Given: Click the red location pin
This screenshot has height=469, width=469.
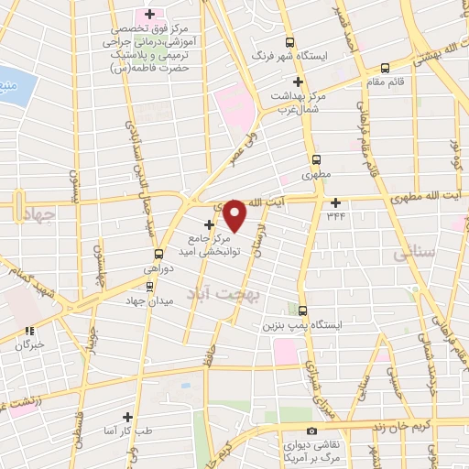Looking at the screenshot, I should coord(235,216).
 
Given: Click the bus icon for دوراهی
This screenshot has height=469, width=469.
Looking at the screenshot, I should coord(158,254).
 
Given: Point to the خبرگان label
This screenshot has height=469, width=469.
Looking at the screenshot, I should coord(27,346).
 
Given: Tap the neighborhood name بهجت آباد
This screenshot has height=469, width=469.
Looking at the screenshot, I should coord(224,294).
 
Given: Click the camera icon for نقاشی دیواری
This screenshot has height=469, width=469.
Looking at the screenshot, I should coord(312,431).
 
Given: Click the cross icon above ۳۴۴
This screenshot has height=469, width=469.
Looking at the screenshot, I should coord(335,202).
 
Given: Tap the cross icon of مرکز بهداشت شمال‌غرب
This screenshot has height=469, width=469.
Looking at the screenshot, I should coord(299,82).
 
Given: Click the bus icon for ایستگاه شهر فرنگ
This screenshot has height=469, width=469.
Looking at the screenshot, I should coord(290,42).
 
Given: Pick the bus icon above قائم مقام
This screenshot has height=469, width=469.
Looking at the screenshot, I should coord(384,66).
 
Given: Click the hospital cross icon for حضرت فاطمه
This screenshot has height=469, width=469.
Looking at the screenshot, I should coord(149,14).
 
